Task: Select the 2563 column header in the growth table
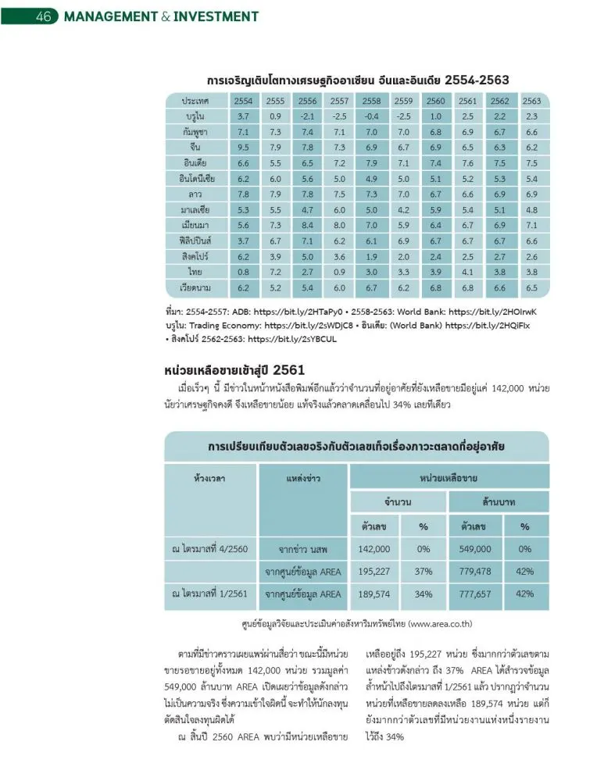click(531, 101)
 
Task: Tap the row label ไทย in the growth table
click(195, 272)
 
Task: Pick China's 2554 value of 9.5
click(243, 147)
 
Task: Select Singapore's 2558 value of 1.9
click(371, 256)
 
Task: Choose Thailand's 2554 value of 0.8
click(243, 272)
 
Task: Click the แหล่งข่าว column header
click(302, 475)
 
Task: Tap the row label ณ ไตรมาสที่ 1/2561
click(209, 594)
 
